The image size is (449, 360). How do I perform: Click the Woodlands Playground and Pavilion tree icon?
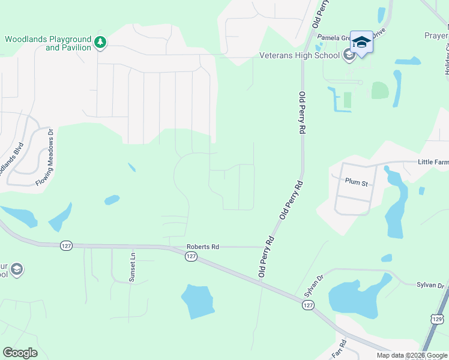click(101, 42)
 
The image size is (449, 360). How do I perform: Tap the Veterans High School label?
click(300, 56)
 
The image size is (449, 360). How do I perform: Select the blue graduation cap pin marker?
click(361, 42)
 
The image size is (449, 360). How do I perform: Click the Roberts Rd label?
click(203, 246)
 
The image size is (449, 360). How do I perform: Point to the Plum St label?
click(356, 181)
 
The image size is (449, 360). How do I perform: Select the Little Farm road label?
click(433, 162)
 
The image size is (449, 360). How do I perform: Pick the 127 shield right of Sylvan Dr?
click(307, 305)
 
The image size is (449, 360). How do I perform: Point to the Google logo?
click(20, 353)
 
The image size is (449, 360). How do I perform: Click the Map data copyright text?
click(412, 355)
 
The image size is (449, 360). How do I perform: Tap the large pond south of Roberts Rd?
click(197, 301)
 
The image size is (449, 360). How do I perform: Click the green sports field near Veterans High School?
click(379, 91)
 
